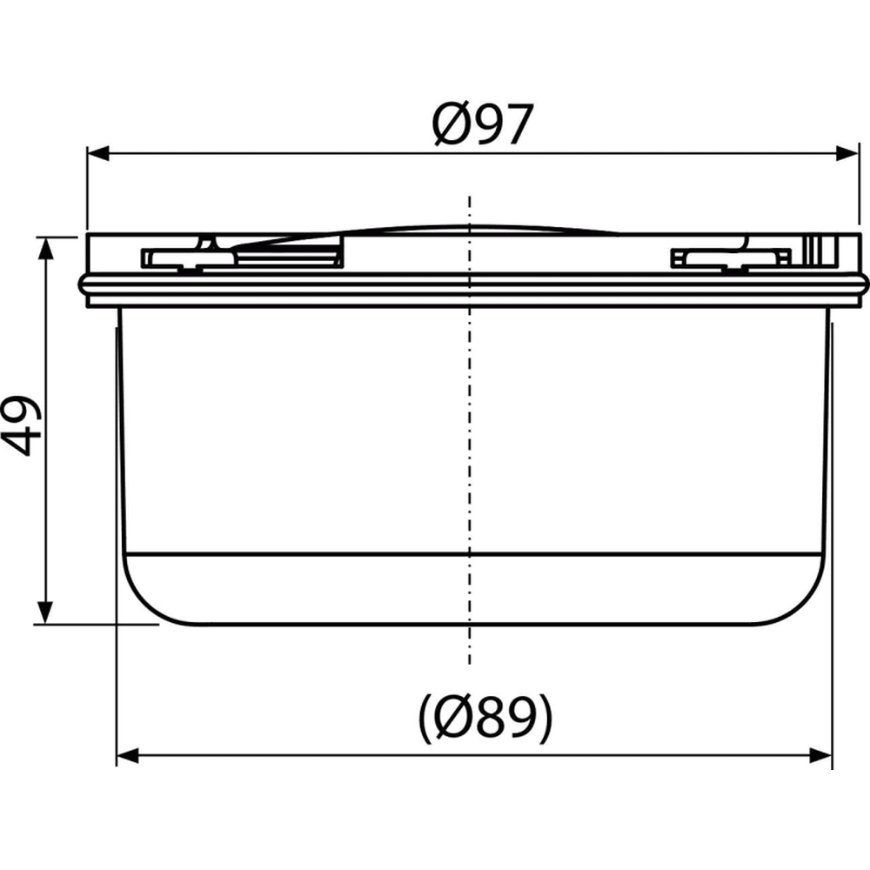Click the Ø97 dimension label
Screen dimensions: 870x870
coord(482,124)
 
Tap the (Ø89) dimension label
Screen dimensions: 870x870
coord(485,718)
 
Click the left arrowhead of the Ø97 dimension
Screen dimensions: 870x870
coord(98,154)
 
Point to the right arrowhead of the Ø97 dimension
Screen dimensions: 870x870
coord(847,154)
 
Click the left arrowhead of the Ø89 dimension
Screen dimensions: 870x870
coord(128,755)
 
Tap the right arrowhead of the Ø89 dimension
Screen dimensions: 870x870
coord(820,755)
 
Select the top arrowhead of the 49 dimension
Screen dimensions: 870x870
coord(45,248)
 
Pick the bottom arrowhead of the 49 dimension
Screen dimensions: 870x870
coord(45,612)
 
